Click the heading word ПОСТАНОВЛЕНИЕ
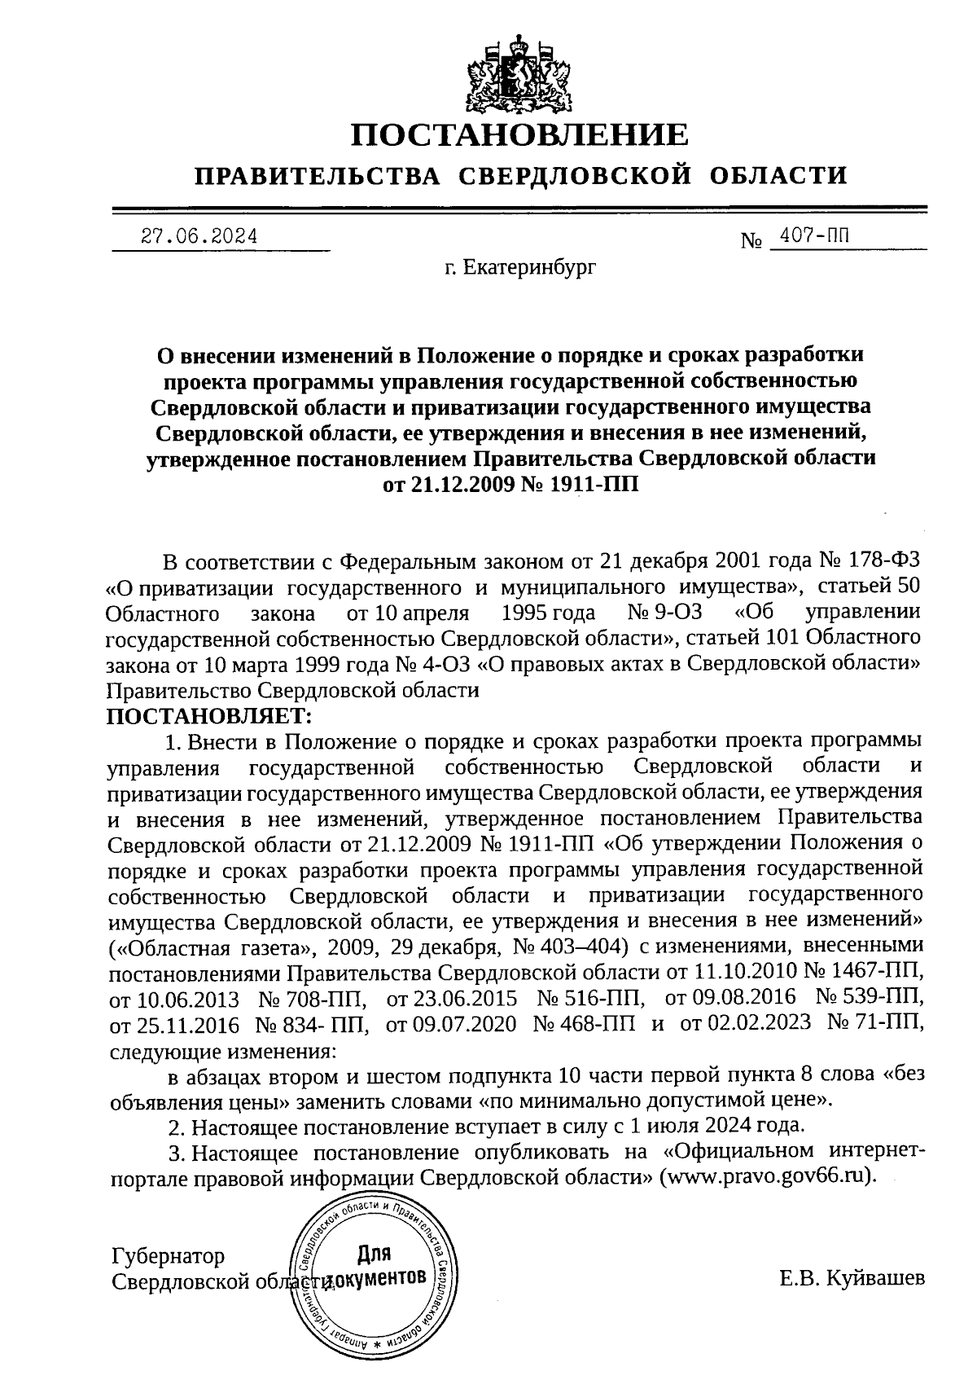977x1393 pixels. (519, 135)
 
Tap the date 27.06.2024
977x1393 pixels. (199, 237)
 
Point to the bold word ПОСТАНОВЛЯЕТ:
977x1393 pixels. (209, 717)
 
